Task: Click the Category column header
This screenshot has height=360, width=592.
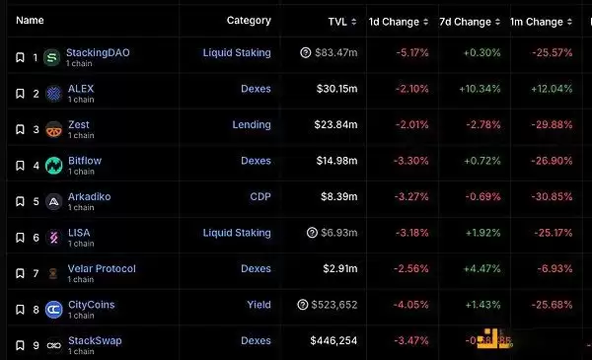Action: tap(249, 20)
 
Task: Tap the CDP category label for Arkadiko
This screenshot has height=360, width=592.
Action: tap(259, 197)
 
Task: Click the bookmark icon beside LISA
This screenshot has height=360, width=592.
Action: tap(19, 238)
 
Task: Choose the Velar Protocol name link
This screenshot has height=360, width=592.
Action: tap(102, 268)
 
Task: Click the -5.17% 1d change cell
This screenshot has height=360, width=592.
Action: tap(412, 53)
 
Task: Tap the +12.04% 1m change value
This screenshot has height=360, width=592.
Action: tap(550, 90)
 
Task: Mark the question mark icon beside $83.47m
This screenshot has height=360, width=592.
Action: tap(305, 53)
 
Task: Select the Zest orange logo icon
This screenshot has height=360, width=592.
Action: tap(54, 129)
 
